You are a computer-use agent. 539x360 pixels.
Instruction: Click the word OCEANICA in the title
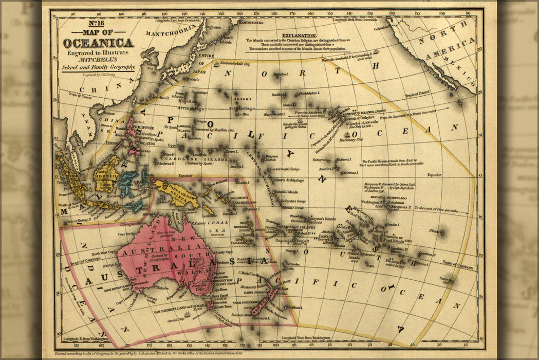tap(98, 44)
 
